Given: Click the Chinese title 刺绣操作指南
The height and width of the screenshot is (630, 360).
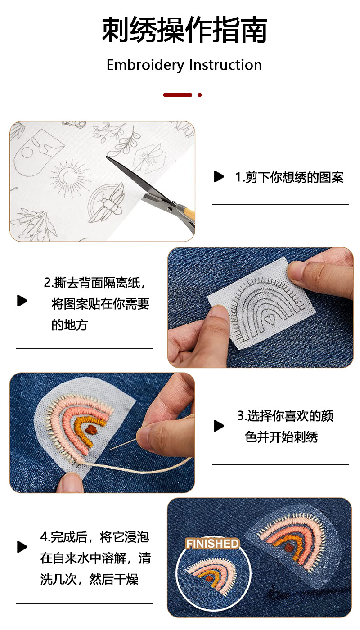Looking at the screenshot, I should pos(184,30).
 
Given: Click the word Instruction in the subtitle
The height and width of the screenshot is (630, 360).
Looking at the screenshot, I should pos(225,65).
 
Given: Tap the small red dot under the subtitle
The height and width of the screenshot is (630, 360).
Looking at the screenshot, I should pos(200,95).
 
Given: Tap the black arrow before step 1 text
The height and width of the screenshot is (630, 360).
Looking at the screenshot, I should pos(219,177).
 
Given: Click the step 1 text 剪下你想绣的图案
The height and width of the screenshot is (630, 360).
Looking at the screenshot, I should pos(289,177).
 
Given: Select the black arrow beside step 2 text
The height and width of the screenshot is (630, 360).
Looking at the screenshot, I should pos(22,301).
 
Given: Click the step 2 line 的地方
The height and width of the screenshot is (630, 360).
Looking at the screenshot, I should pos(69,325).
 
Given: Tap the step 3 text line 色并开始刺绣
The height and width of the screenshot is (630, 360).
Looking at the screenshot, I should pos(281,437).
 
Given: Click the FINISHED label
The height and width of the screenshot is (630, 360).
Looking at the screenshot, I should pos(212,544).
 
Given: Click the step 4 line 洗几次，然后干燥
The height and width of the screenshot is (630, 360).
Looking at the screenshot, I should pos(89,579).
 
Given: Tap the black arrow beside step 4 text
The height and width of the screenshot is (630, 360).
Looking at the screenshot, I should pos(22,547).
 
